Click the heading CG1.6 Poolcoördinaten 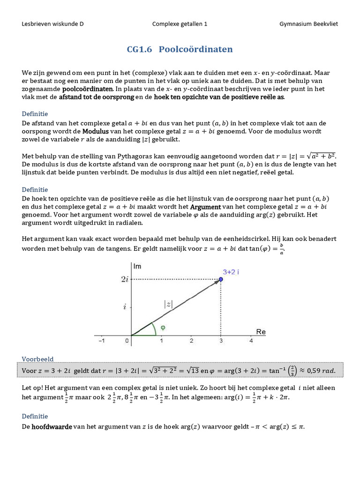[180, 50]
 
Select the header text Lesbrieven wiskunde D [52, 24]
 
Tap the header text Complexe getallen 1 [180, 24]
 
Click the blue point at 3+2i [221, 279]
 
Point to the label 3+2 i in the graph [231, 272]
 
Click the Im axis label [137, 266]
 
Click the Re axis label [261, 332]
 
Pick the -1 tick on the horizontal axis [101, 341]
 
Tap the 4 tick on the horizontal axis [251, 341]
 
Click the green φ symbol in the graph [163, 328]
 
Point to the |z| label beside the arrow [168, 304]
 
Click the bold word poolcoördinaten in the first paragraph [87, 89]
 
